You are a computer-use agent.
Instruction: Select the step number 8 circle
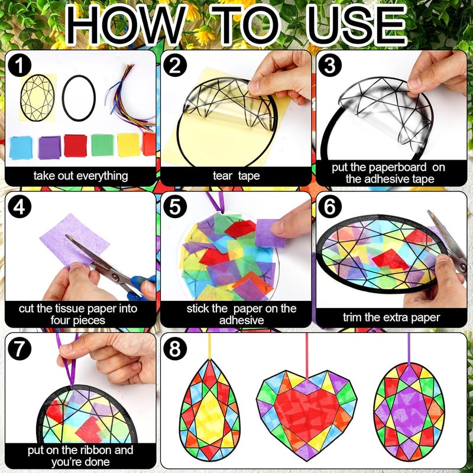(176, 349)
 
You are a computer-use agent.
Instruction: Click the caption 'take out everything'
(80, 176)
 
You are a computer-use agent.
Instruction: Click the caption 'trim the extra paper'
(391, 317)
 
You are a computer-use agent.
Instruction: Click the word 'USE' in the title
(357, 27)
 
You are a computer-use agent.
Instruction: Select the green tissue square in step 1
(102, 145)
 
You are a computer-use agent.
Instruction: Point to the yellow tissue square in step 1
(128, 145)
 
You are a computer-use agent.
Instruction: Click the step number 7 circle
(20, 349)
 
